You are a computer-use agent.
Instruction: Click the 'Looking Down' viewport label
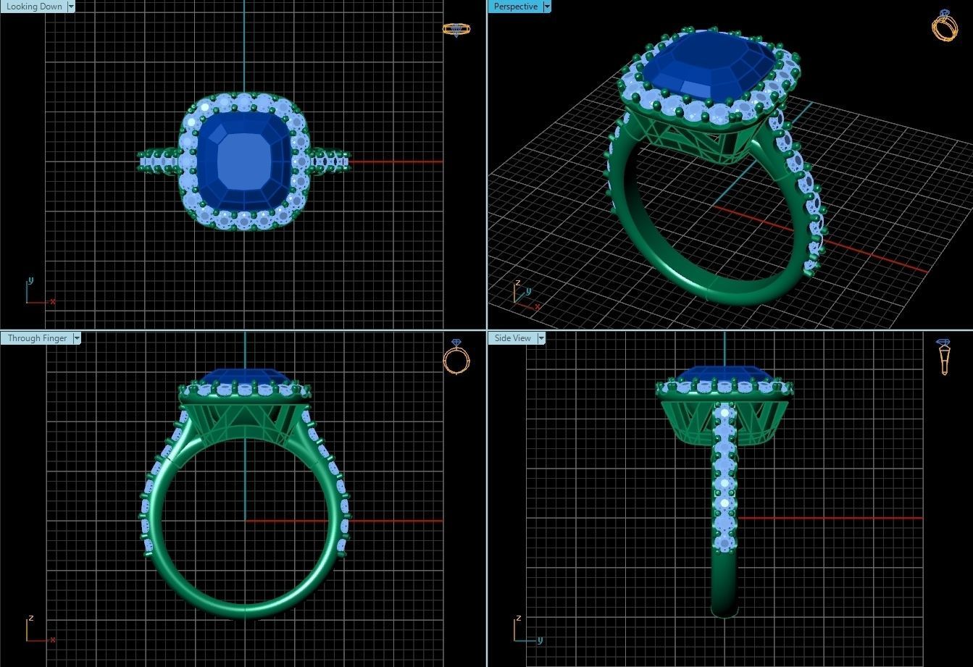coord(34,7)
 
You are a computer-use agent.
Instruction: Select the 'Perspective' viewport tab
coord(515,7)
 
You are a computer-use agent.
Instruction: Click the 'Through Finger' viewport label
coord(37,338)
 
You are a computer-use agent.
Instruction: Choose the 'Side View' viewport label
coord(512,338)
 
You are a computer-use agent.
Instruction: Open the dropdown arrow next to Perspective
coord(547,7)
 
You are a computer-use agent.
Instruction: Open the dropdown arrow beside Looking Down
coord(71,7)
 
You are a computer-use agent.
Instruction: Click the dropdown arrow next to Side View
coord(540,338)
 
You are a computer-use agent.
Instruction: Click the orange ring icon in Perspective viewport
coord(944,26)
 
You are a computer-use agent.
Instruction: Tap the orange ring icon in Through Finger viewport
coord(456,357)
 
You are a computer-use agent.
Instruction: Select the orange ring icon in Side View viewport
coord(943,356)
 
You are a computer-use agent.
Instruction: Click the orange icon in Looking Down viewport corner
coord(456,29)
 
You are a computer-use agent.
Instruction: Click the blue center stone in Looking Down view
coord(244,161)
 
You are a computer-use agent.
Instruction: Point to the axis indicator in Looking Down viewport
coord(36,294)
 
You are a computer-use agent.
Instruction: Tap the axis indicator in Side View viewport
coord(525,632)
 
